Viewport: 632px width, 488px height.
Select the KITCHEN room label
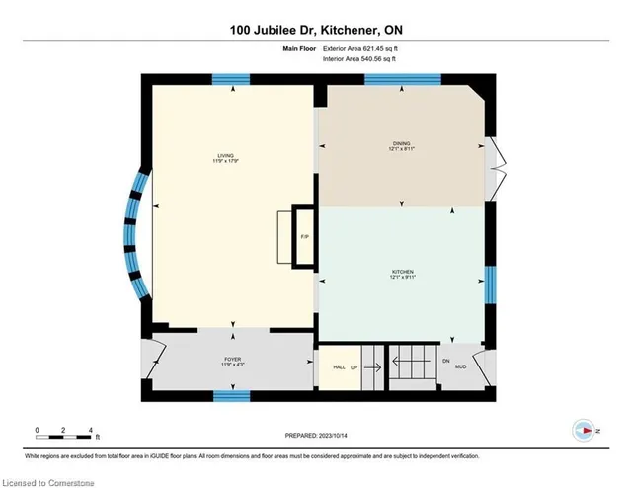pos(401,274)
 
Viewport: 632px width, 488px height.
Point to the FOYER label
pos(232,361)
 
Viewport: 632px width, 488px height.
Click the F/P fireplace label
pos(304,238)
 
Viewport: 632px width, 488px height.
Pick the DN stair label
pos(446,360)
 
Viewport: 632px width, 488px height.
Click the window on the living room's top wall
pos(232,80)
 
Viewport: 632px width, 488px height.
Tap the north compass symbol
pos(585,430)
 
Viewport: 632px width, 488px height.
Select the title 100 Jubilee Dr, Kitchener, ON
pos(316,32)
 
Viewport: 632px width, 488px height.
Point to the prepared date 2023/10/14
pos(316,436)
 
